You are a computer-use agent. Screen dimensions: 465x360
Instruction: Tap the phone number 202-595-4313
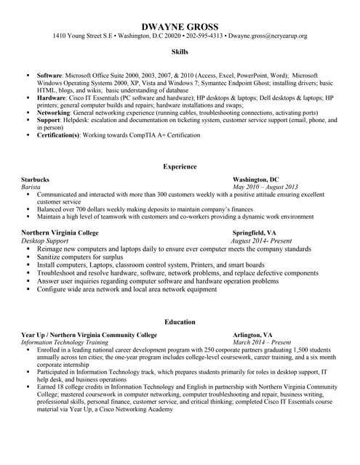tap(205, 36)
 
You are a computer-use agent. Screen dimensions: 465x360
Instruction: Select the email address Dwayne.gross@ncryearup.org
tap(268, 36)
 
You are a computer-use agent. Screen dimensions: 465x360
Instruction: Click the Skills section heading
tap(180, 52)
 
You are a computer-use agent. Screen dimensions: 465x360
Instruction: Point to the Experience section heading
tap(180, 166)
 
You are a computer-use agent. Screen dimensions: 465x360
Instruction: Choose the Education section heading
tap(180, 322)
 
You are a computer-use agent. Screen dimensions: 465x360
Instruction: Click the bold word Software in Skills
tap(49, 75)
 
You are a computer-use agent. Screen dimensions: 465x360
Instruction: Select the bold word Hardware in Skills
tap(51, 97)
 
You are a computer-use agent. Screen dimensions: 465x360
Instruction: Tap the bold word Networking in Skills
tap(54, 113)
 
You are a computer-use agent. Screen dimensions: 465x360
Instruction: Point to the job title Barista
tap(31, 187)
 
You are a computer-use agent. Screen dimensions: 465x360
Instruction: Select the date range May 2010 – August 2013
tap(268, 187)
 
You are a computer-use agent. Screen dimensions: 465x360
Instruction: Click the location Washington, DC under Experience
tap(255, 179)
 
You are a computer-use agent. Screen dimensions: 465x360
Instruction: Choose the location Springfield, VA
tap(255, 232)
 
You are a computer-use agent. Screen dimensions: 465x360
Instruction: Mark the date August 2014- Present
tap(260, 240)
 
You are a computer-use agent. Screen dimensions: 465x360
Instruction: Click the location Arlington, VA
tap(252, 334)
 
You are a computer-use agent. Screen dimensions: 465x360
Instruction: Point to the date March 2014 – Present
tap(262, 342)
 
